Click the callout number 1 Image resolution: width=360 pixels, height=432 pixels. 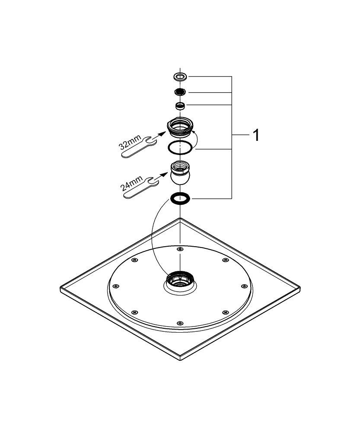click(256, 136)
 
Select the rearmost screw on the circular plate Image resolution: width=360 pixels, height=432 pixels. click(179, 249)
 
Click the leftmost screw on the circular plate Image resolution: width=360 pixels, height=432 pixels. click(115, 286)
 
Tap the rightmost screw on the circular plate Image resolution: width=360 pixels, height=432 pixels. click(243, 285)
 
